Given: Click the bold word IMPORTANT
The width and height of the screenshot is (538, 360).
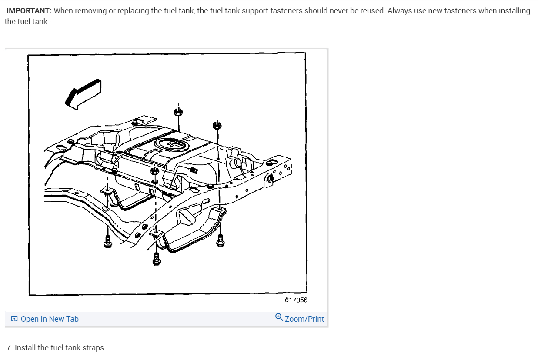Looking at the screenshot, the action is click(x=29, y=11).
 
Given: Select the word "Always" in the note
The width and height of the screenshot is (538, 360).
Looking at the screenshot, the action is click(x=399, y=11).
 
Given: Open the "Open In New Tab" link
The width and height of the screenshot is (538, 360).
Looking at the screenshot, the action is click(x=50, y=319).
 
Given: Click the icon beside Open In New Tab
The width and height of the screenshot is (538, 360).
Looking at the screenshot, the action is click(x=14, y=319).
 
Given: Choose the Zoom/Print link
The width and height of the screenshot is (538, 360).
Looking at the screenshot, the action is click(x=304, y=319).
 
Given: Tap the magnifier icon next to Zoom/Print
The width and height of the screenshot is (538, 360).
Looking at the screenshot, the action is click(x=279, y=318).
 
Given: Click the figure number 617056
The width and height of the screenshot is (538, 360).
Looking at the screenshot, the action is click(x=296, y=300).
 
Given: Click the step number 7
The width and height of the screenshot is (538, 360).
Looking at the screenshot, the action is click(x=9, y=348).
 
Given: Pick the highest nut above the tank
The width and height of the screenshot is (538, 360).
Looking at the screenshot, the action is click(x=177, y=112).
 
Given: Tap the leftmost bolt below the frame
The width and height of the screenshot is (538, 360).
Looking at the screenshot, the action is click(x=107, y=242).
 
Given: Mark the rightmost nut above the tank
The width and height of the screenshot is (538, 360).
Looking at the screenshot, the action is click(x=217, y=126).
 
